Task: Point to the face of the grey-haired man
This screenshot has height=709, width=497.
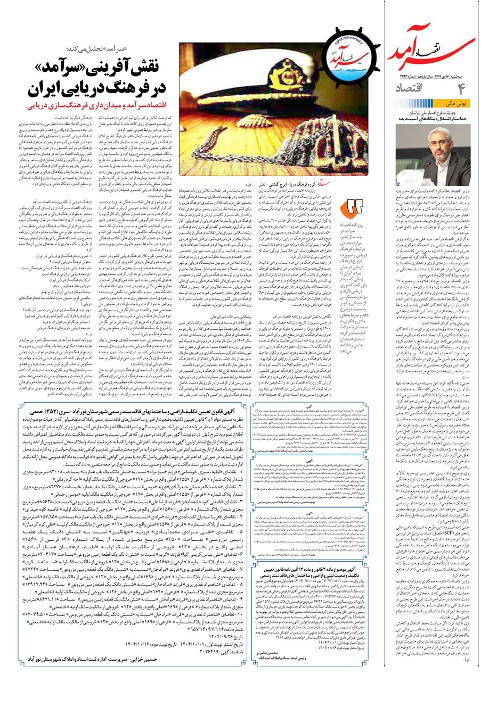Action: (x=444, y=146)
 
